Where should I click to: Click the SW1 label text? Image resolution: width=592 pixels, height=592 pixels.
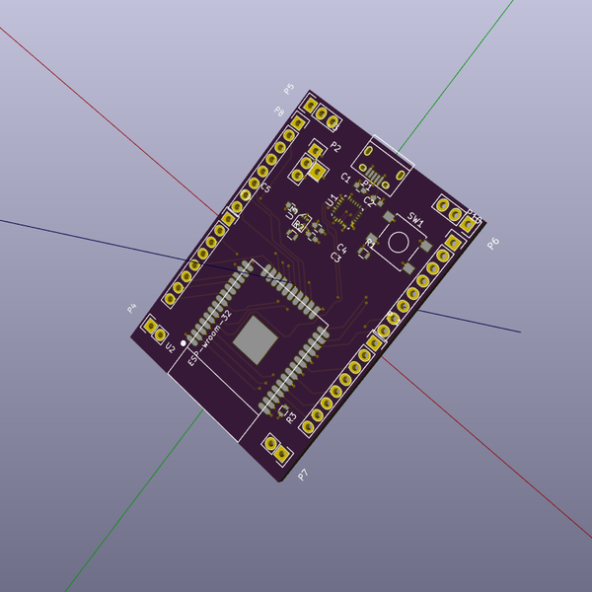[x=416, y=222]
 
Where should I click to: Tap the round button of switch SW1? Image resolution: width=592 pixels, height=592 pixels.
[x=399, y=242]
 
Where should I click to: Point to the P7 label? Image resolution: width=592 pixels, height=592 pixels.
[x=303, y=475]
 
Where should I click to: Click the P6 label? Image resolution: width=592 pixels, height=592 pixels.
[x=492, y=243]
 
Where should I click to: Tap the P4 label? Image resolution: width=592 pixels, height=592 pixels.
[x=131, y=308]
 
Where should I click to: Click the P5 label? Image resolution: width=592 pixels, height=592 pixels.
[x=289, y=89]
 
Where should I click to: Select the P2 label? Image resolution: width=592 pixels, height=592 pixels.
[x=335, y=147]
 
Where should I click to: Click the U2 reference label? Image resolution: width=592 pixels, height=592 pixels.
[x=170, y=348]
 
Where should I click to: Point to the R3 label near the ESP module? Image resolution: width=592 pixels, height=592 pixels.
[x=291, y=417]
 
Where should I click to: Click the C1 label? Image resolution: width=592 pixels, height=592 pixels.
[x=345, y=178]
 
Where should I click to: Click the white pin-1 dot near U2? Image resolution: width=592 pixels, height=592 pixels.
[x=184, y=343]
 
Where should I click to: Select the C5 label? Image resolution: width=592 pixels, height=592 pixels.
[x=265, y=186]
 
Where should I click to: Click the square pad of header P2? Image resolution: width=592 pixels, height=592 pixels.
[x=318, y=171]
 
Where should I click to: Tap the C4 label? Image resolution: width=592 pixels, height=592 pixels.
[x=341, y=248]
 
